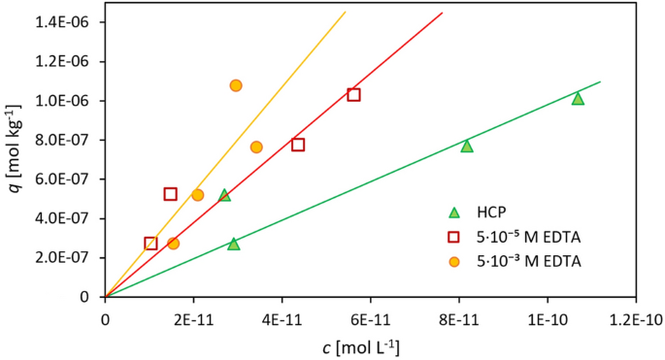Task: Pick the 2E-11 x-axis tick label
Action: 193,317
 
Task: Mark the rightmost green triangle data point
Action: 578,98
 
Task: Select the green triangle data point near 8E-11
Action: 467,146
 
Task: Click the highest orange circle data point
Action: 236,85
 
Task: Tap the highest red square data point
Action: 354,94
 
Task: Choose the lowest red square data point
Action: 150,244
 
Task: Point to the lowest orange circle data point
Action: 173,244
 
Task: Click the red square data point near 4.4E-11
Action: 298,145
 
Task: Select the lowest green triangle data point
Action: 233,244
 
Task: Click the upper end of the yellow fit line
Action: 345,13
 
